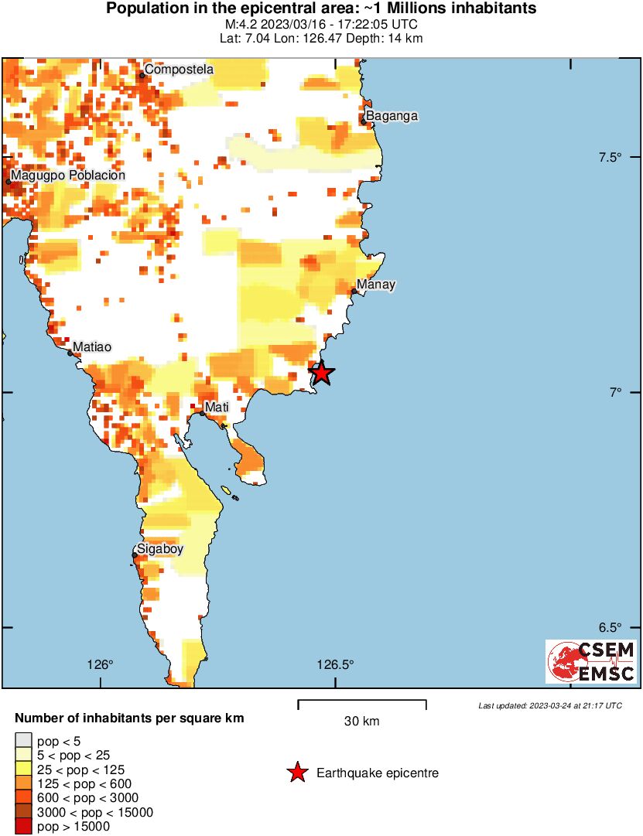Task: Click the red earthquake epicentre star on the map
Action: (321, 373)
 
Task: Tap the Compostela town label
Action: (179, 70)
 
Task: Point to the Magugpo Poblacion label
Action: (68, 176)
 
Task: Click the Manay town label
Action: (376, 285)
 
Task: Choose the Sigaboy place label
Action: (161, 550)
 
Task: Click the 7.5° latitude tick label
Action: (611, 158)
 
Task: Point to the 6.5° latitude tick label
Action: (611, 627)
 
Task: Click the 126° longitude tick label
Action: (100, 664)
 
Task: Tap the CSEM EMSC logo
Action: (591, 661)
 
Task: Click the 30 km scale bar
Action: (362, 703)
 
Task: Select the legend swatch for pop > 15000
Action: (24, 827)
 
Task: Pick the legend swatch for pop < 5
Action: (24, 740)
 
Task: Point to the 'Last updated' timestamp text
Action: (549, 705)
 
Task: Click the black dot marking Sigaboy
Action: (134, 554)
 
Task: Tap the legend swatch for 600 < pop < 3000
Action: (24, 798)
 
